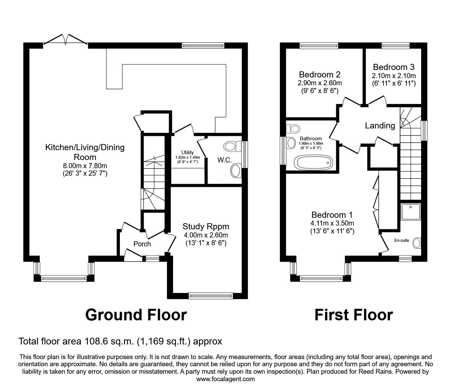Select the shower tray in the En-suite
[x=411, y=212]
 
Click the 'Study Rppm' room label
[x=206, y=226]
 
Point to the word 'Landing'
[x=380, y=126]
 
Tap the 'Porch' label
[x=142, y=244]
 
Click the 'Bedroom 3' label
[x=394, y=67]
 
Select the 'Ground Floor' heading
[x=136, y=315]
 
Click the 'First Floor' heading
[x=354, y=315]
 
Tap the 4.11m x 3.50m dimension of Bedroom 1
[x=332, y=223]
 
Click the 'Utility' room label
[x=187, y=153]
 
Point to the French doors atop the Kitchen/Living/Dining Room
[x=66, y=40]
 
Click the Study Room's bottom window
[x=211, y=296]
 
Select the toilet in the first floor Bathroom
[x=292, y=129]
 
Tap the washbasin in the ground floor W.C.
[x=236, y=171]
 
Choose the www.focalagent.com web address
[x=225, y=379]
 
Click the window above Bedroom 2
[x=319, y=46]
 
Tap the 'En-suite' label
[x=402, y=241]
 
